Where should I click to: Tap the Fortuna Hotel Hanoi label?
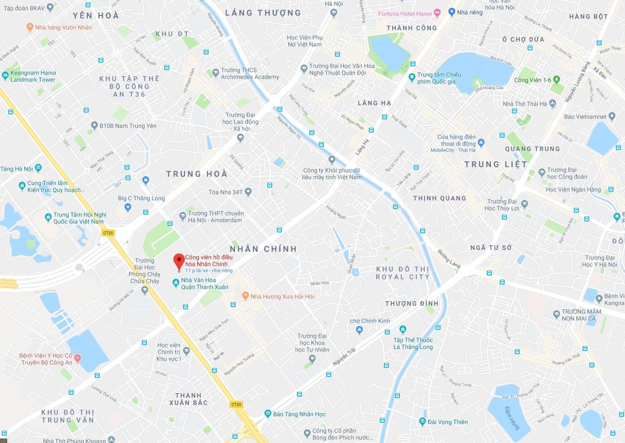tap(405, 14)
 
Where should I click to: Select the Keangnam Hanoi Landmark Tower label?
tap(33, 76)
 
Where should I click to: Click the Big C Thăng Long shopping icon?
tap(128, 207)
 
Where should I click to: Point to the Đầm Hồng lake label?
tap(512, 417)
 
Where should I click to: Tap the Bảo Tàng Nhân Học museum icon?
tap(268, 414)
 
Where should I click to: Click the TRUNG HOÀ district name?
tap(197, 174)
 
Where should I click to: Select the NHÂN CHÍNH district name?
tap(264, 249)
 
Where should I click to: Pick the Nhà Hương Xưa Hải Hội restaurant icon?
tap(246, 296)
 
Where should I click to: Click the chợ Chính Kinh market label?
tap(370, 321)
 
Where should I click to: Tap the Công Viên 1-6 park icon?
tap(556, 80)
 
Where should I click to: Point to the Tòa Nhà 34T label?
tap(226, 192)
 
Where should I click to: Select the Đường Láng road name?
tap(449, 259)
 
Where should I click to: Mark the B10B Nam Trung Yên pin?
tap(94, 125)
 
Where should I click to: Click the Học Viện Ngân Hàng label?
tap(573, 189)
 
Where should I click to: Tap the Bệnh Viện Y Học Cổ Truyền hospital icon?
tap(77, 358)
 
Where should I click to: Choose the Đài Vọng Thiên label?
tap(447, 422)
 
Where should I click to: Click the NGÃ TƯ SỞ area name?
tap(491, 248)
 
